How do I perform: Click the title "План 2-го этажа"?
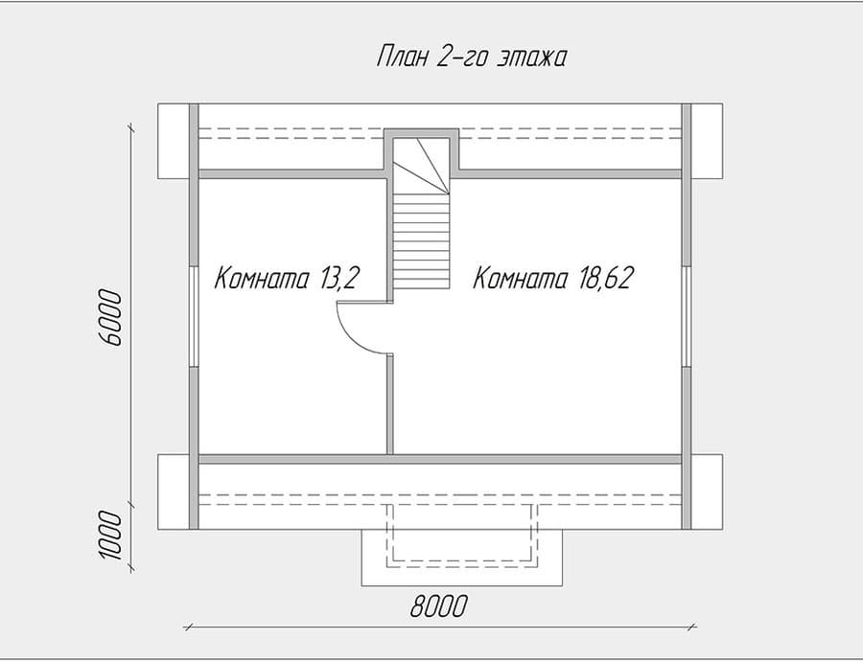click(x=471, y=58)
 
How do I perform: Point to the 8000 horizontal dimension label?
click(x=440, y=606)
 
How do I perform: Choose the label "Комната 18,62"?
click(x=555, y=279)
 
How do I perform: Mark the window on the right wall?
click(x=687, y=316)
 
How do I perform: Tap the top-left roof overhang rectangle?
click(x=174, y=140)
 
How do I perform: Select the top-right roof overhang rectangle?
click(x=708, y=140)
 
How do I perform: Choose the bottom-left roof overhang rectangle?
click(x=174, y=492)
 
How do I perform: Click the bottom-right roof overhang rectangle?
click(x=708, y=492)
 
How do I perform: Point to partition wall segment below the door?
click(x=389, y=402)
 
